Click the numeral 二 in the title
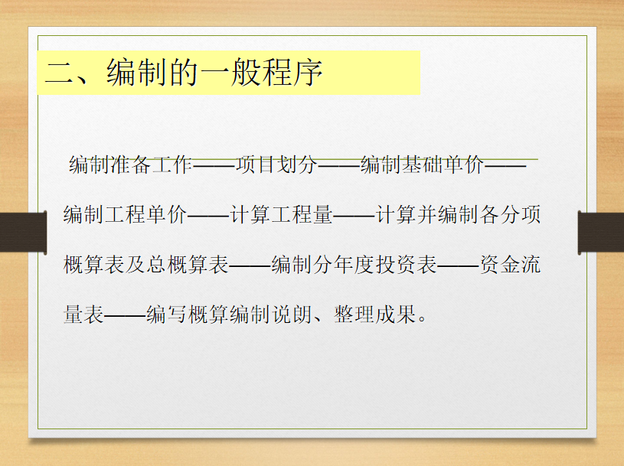(59, 73)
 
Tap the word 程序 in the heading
(292, 72)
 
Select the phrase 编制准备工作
(130, 165)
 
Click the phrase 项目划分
(276, 165)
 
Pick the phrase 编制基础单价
(422, 165)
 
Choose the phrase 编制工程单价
(125, 214)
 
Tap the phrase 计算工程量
(282, 214)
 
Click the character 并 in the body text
(427, 214)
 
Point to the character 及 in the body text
(136, 265)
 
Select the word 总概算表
(188, 265)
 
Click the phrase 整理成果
(375, 314)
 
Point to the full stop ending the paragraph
(423, 319)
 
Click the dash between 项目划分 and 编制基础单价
(339, 165)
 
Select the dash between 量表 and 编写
(125, 315)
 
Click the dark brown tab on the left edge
(24, 232)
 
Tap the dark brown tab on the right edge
(601, 233)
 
